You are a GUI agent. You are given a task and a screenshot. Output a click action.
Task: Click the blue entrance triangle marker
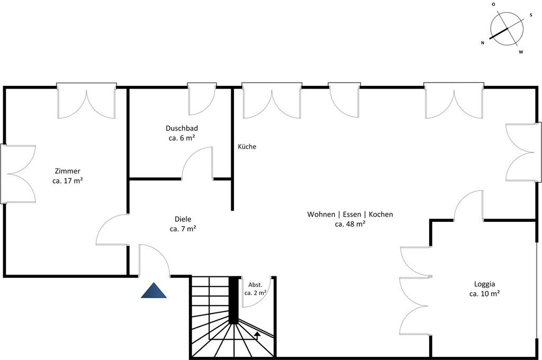pyautogui.click(x=154, y=291)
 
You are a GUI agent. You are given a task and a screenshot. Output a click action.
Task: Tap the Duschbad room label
pyautogui.click(x=182, y=128)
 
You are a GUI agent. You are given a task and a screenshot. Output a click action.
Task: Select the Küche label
pyautogui.click(x=247, y=147)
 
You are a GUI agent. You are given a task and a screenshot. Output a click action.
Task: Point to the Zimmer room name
pyautogui.click(x=67, y=171)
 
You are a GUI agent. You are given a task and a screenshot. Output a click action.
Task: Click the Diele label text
pyautogui.click(x=183, y=219)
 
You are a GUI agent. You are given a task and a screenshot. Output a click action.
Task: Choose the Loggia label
pyautogui.click(x=484, y=284)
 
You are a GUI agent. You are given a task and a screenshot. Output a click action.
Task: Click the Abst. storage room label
pyautogui.click(x=256, y=285)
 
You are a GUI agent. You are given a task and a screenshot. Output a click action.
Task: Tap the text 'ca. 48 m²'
pyautogui.click(x=350, y=224)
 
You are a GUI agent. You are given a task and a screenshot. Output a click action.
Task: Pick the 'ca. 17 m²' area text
pyautogui.click(x=67, y=181)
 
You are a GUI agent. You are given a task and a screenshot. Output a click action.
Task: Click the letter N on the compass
pyautogui.click(x=483, y=43)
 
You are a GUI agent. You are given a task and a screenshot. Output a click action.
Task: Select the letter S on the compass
pyautogui.click(x=530, y=15)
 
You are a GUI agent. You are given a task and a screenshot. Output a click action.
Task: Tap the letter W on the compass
pyautogui.click(x=521, y=52)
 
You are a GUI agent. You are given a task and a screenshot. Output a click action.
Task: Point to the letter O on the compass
pyautogui.click(x=493, y=4)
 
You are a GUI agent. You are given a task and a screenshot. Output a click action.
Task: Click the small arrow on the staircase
pyautogui.click(x=257, y=335)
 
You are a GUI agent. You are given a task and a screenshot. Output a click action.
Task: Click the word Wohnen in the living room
pyautogui.click(x=321, y=214)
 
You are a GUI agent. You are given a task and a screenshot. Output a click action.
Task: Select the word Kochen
pyautogui.click(x=381, y=214)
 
